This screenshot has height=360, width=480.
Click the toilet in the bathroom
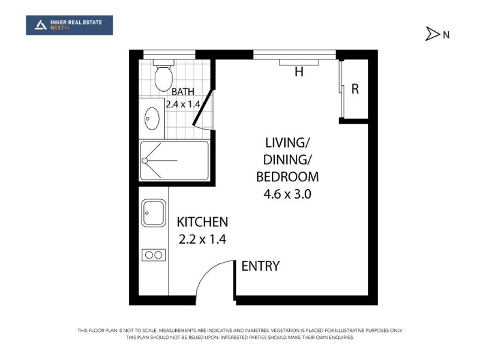point(164,76)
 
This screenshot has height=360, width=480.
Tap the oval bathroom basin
point(152,118)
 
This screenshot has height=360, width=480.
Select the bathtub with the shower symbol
point(175,160)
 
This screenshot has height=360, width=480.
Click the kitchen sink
point(154,213)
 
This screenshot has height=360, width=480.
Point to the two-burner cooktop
point(154,255)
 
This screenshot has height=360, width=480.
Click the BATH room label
point(183,92)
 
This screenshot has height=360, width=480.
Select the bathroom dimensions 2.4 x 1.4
point(183,104)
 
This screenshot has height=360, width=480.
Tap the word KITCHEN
point(202,222)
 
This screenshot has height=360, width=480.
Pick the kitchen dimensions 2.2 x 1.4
point(202,239)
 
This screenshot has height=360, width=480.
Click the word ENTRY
point(260,266)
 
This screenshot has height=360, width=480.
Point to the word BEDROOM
point(287,177)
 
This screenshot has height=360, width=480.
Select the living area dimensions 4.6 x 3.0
point(287,194)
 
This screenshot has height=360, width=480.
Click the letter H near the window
point(299,71)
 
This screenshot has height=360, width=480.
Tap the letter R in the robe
point(355,89)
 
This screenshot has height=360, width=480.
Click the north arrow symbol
point(432,34)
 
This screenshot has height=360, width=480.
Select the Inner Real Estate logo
point(70,25)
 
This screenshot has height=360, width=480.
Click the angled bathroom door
point(203,108)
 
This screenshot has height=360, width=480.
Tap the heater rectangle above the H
point(299,62)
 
